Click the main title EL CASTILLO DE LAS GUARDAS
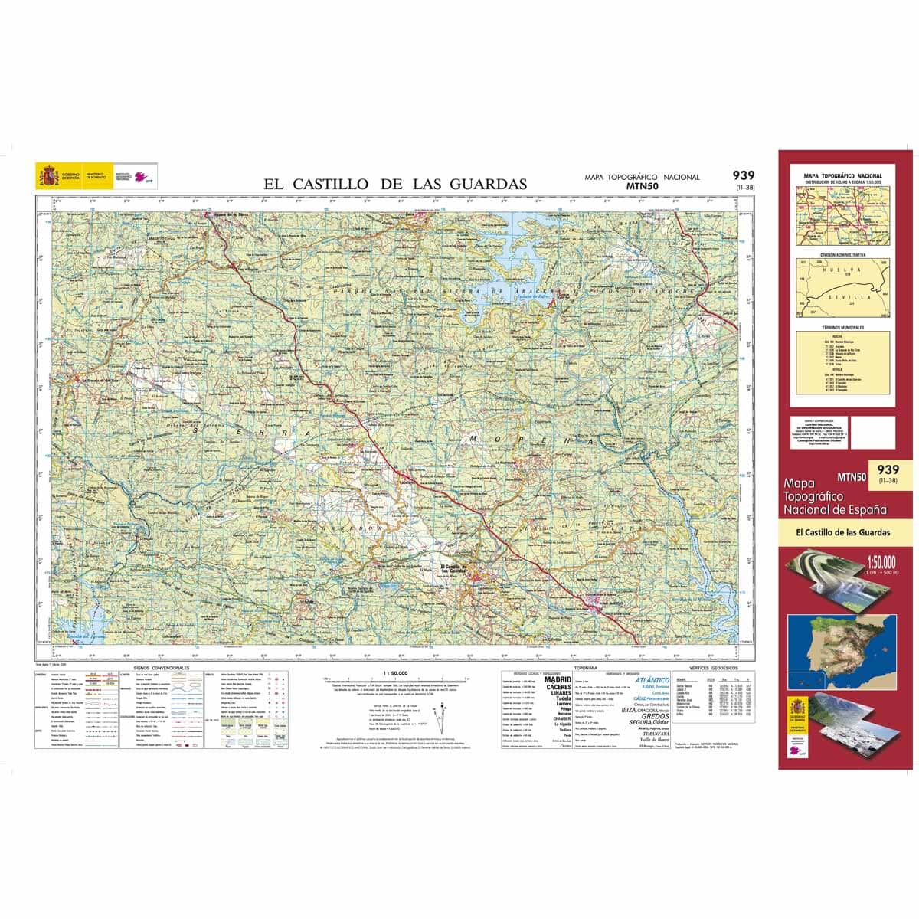(x=395, y=184)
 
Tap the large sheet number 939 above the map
(x=743, y=176)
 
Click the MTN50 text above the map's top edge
(x=643, y=185)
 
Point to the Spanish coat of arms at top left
(x=47, y=177)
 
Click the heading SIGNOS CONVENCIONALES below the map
(x=161, y=669)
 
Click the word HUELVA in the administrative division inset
(x=841, y=270)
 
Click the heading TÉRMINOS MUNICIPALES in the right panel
(x=842, y=328)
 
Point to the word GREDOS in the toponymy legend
(x=655, y=716)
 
